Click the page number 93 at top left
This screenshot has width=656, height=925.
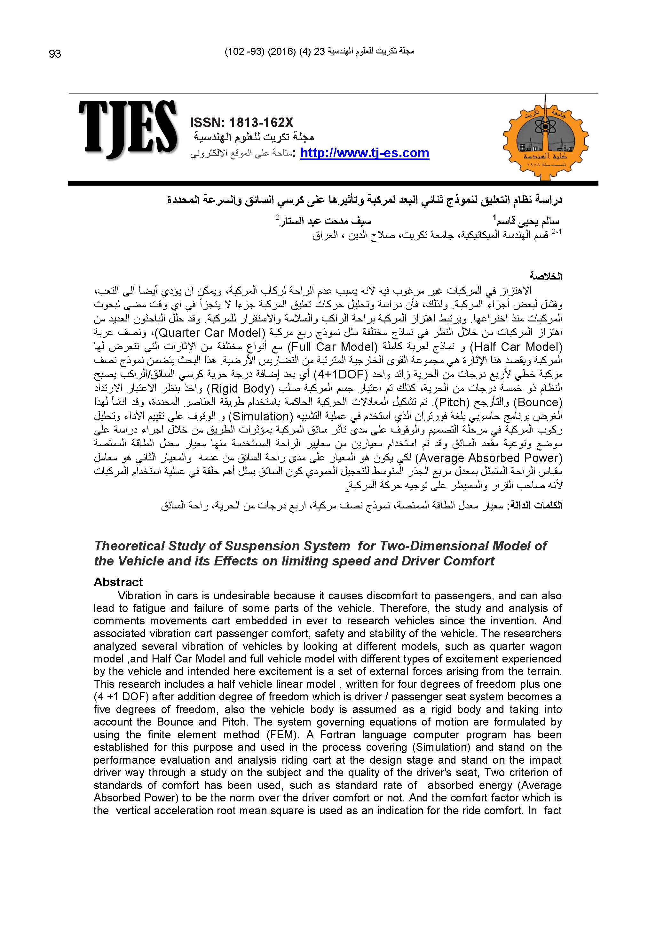click(x=55, y=54)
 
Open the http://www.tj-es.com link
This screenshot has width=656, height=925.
click(x=364, y=153)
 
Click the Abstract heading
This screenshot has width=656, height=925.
click(x=118, y=582)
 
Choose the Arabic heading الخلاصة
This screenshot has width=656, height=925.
click(x=546, y=277)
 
